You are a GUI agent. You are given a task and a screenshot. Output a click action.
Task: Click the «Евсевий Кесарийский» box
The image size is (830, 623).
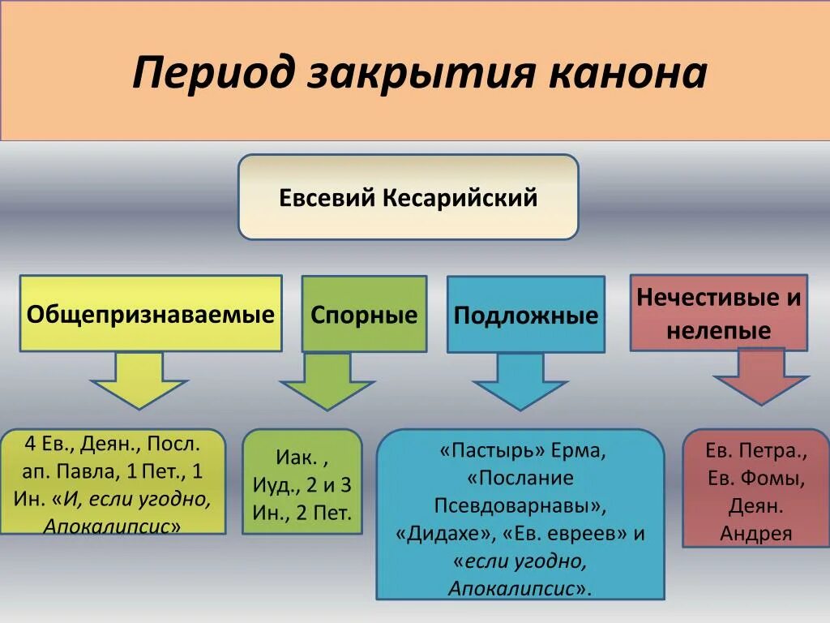pyautogui.click(x=408, y=197)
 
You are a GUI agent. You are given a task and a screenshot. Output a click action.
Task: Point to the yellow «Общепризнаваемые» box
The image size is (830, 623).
pyautogui.click(x=151, y=314)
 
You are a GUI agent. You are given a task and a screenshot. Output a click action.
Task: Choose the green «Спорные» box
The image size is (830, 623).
pyautogui.click(x=364, y=315)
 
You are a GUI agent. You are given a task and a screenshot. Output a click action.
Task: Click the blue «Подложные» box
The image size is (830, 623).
pyautogui.click(x=525, y=315)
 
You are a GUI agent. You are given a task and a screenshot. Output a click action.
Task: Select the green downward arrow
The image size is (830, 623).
pyautogui.click(x=327, y=380)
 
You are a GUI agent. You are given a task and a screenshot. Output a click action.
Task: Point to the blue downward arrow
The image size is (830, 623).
pyautogui.click(x=520, y=380)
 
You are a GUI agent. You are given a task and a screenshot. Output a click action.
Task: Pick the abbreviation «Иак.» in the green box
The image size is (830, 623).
pyautogui.click(x=296, y=458)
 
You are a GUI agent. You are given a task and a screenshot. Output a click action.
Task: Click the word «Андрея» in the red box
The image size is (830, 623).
pyautogui.click(x=755, y=534)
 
